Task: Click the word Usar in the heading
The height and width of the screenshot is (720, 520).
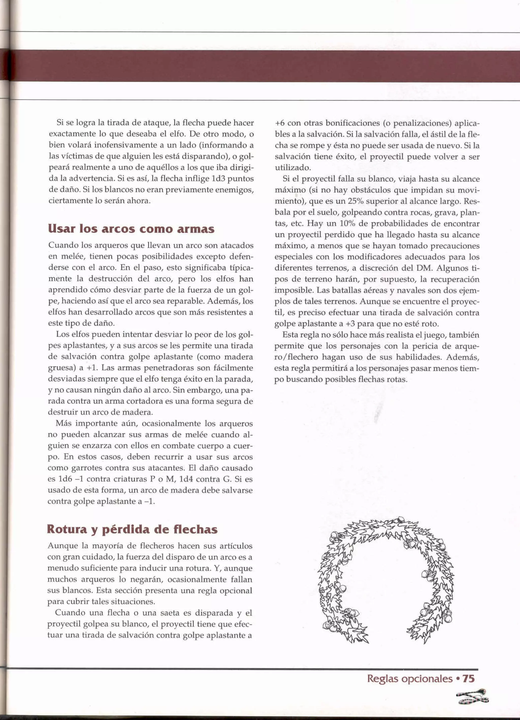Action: [60, 229]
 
